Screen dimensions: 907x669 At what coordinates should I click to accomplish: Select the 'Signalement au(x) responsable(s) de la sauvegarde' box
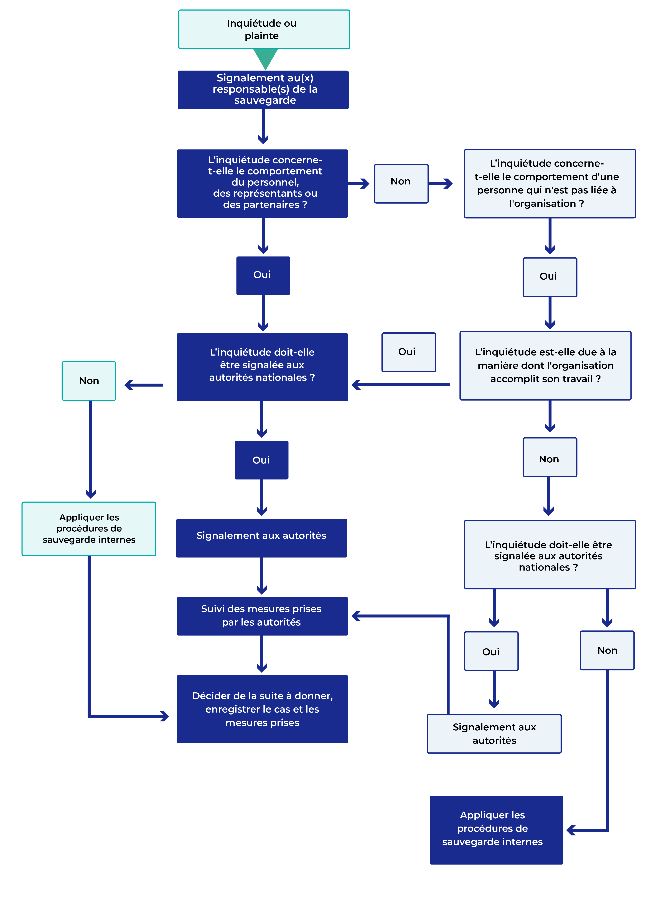coord(263,90)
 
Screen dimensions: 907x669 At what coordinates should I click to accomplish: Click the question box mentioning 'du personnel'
coord(262,183)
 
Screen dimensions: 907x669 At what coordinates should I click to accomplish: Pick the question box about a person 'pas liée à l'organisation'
coord(550,184)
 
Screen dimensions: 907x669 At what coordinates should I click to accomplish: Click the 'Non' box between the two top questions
coord(401,183)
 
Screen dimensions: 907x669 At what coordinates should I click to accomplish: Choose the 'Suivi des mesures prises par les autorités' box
coord(262,616)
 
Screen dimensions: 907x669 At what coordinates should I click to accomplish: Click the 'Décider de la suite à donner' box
coord(262,709)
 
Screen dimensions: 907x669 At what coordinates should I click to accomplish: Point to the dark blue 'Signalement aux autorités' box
coord(262,538)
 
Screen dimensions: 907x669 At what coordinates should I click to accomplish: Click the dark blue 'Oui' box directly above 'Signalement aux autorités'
coord(262,460)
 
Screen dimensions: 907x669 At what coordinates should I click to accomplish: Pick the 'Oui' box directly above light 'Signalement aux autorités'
coord(491,651)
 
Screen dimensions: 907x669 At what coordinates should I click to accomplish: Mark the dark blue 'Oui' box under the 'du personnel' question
coord(263,275)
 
